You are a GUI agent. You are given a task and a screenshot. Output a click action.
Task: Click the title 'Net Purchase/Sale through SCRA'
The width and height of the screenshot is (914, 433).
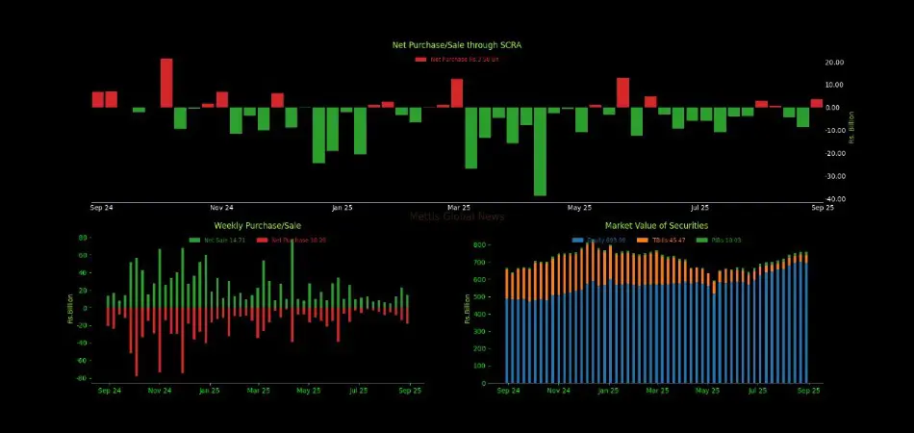coord(456,45)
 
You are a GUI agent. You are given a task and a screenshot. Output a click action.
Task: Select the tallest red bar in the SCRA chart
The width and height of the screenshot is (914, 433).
coord(166,83)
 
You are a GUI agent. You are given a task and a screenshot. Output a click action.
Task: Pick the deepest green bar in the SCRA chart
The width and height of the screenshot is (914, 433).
coord(540,151)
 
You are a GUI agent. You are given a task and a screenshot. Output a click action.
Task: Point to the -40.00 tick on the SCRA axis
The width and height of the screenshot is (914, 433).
coord(836,199)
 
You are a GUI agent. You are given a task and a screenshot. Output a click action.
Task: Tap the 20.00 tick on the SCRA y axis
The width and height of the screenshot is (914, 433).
coord(835,62)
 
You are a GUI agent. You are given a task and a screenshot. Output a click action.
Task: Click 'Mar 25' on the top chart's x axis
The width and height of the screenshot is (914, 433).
coord(459,208)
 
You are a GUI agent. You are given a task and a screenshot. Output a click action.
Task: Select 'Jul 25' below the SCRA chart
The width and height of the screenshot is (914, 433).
coord(700,208)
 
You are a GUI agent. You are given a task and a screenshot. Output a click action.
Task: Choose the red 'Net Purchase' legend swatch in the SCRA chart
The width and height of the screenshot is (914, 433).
coord(420,60)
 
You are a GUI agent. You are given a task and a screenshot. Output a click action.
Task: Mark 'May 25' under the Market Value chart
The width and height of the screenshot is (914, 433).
coord(707,391)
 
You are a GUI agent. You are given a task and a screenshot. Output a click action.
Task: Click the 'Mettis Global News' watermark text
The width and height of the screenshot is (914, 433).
coord(456,216)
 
